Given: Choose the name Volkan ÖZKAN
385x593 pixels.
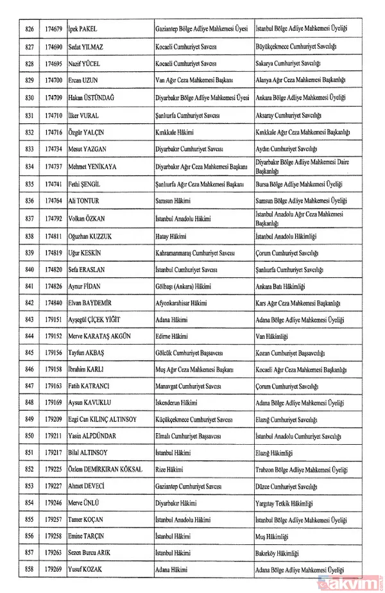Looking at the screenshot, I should click(89, 218).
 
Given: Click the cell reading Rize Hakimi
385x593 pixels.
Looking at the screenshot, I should click(168, 470).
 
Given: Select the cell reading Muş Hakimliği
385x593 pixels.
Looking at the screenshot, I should click(276, 536).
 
